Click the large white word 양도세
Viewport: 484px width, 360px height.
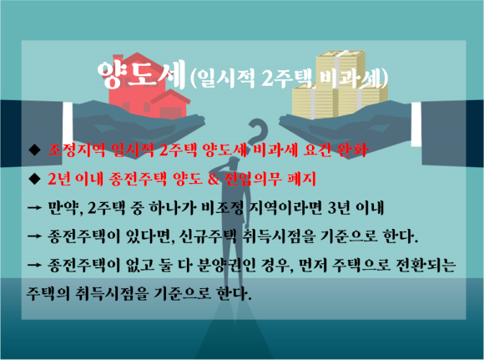[141, 74]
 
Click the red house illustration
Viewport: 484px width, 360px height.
[149, 87]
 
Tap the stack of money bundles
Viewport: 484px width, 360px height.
[340, 85]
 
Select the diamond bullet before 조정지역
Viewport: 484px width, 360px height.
[34, 150]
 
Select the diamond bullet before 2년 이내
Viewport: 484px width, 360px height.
[34, 178]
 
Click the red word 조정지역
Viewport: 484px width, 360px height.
[77, 150]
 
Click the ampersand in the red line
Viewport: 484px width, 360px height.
[214, 179]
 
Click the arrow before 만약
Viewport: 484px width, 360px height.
[34, 208]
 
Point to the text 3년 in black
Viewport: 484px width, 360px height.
[339, 208]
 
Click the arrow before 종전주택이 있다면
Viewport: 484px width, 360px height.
[34, 236]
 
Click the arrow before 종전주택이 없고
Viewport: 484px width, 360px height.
[34, 265]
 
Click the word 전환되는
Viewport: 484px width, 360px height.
[426, 265]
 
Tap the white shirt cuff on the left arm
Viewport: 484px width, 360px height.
[68, 121]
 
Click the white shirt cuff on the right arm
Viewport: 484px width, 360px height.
[416, 124]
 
